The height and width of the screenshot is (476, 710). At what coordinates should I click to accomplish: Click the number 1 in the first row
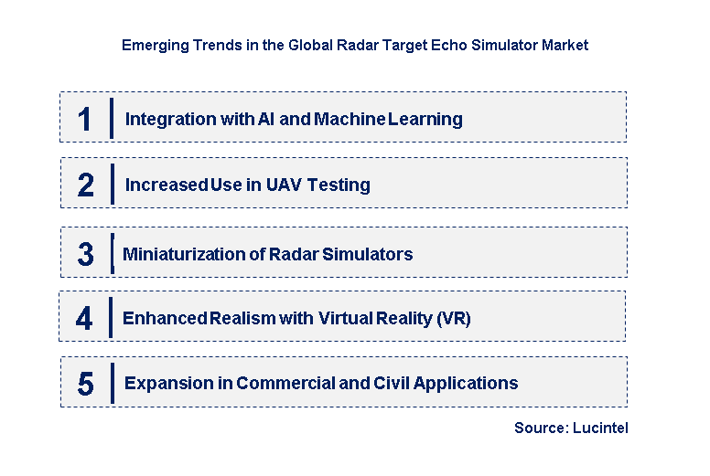point(85,119)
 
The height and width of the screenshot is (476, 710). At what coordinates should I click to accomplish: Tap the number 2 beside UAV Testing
point(85,185)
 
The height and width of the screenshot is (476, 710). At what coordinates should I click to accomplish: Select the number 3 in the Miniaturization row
point(85,254)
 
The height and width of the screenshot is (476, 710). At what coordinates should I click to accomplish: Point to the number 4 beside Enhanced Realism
point(85,318)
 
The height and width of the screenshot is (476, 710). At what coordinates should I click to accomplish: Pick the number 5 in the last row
point(85,384)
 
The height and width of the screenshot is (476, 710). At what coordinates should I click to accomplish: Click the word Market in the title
point(565,45)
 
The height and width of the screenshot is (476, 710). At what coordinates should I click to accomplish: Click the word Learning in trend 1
point(425,119)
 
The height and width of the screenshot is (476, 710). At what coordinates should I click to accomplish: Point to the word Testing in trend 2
point(339,185)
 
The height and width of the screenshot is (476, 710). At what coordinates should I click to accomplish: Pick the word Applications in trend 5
point(469,384)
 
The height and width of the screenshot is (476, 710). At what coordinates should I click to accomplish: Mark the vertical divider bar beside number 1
point(112,118)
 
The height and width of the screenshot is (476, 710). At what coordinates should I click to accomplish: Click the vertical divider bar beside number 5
point(112,383)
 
